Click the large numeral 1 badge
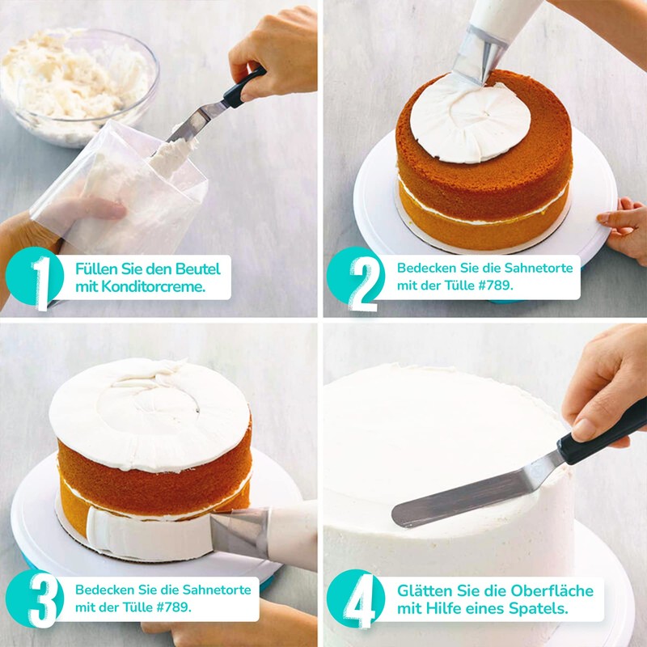tap(35, 278)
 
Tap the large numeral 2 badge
tap(356, 278)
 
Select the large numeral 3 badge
tap(35, 599)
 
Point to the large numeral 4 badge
tap(356, 599)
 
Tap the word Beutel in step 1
tap(198, 269)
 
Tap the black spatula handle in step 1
tap(244, 87)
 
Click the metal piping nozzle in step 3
tap(239, 532)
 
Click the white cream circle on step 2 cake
tap(471, 120)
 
